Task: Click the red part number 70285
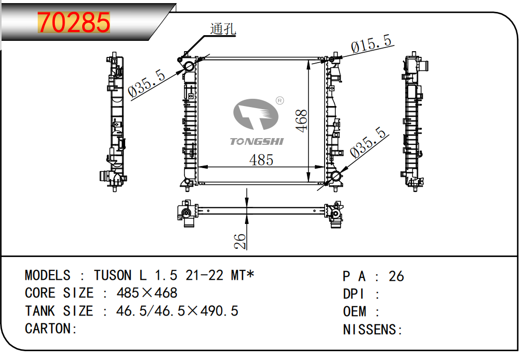coord(74,22)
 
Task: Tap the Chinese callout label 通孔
coord(223,29)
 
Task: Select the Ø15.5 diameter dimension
coord(371,44)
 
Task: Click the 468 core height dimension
coord(301,121)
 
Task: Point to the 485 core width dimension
coord(261,160)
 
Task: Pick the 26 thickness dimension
coord(240,241)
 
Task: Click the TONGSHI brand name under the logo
coord(256,142)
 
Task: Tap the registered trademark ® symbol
coord(280,100)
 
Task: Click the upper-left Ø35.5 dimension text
coord(146,83)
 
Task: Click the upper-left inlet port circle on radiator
coord(189,66)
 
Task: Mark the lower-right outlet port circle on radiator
coord(335,176)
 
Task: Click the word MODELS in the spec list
coord(48,276)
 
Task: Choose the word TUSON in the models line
coord(113,276)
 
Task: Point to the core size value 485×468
coord(147,293)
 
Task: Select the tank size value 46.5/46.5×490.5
coord(177,311)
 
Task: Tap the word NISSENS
coord(370,329)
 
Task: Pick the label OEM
coord(355,311)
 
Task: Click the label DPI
coord(353,294)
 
